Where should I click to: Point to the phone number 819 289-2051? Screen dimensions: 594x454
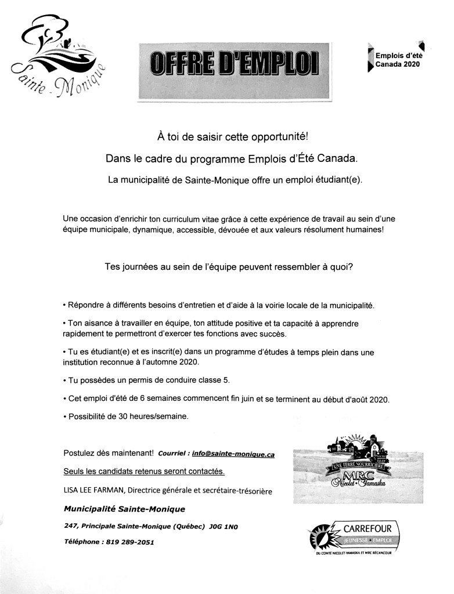tap(128, 542)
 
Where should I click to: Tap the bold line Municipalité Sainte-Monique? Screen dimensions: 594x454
tap(125, 509)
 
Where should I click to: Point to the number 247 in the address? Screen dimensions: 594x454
tap(71, 526)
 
